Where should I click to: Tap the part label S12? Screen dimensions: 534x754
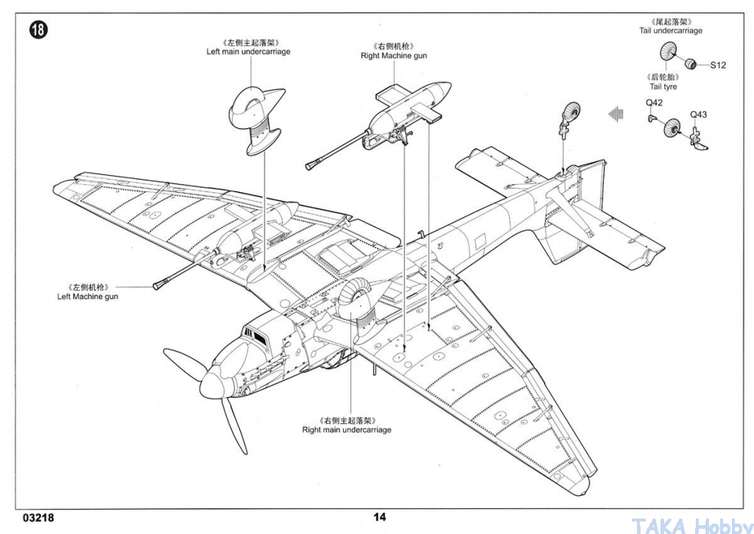718,66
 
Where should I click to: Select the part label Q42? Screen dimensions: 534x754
654,102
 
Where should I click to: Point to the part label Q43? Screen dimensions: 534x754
698,114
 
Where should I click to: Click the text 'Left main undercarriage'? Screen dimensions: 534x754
248,52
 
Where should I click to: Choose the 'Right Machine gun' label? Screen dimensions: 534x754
393,56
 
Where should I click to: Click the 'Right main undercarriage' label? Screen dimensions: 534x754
346,429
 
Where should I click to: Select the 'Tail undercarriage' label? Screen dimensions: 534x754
670,31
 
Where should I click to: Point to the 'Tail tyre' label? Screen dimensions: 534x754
663,87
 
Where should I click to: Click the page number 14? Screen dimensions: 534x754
379,517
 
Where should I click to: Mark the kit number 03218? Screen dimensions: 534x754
38,517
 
